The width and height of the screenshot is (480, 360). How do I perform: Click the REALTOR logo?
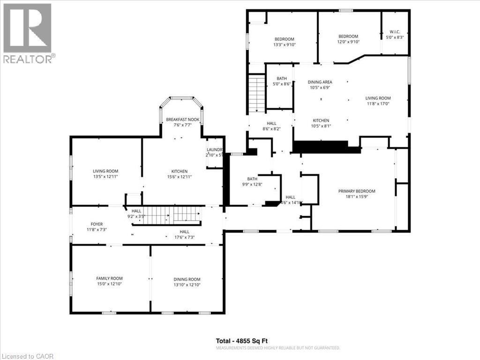(28, 33)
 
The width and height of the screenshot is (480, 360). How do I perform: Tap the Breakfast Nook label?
(183, 120)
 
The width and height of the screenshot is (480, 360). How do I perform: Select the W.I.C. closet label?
(394, 32)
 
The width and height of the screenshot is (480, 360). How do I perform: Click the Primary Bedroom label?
(357, 191)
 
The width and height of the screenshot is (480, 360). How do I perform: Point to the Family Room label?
(109, 278)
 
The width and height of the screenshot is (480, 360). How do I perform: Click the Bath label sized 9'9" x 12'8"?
(252, 179)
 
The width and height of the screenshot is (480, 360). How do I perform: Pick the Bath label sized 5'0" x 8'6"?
(282, 78)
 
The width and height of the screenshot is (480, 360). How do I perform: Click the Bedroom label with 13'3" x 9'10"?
(284, 39)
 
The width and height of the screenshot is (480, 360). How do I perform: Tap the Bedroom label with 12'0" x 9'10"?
(348, 37)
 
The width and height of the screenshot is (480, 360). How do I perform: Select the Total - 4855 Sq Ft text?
(241, 341)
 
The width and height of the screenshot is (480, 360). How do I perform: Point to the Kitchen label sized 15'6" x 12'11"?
(179, 171)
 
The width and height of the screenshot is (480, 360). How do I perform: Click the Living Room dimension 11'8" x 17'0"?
(378, 104)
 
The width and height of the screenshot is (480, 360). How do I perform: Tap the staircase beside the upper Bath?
(257, 94)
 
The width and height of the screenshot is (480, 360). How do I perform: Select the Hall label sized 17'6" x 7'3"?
(184, 232)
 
